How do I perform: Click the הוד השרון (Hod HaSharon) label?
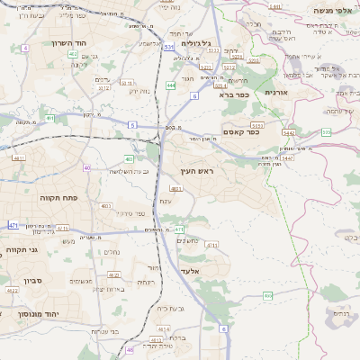click(66, 43)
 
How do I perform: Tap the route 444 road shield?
click(171, 85)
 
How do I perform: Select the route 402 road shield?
click(72, 54)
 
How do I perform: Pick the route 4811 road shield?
click(19, 157)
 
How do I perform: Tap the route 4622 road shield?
click(13, 291)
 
